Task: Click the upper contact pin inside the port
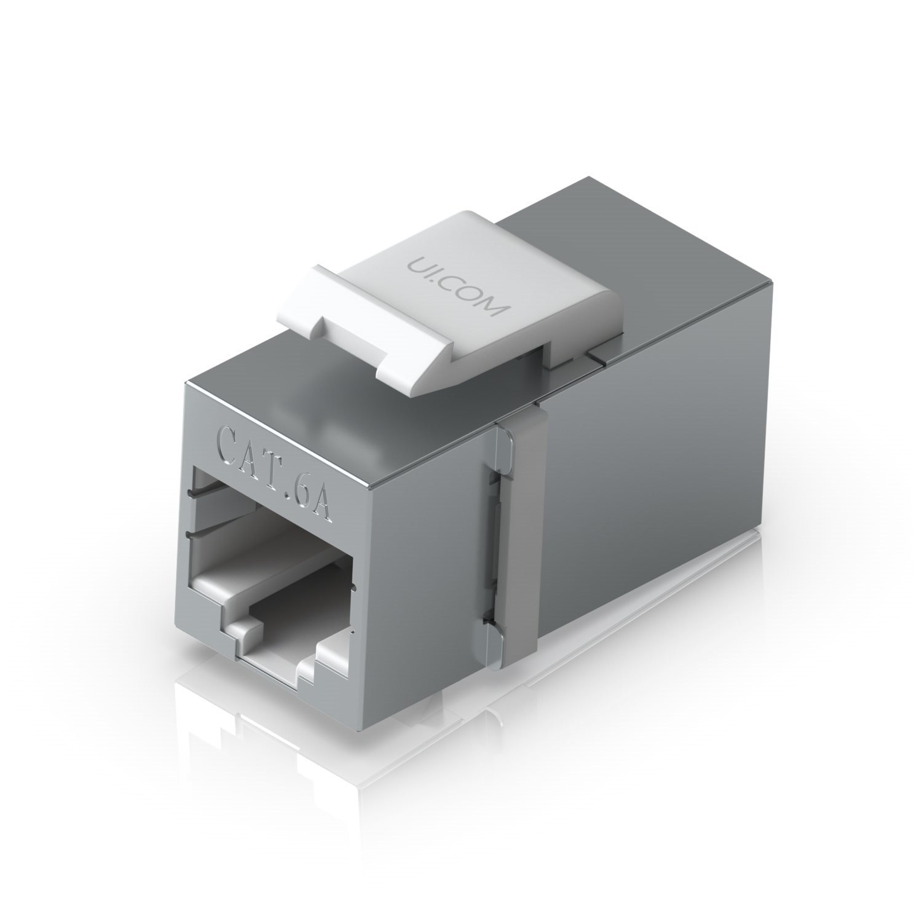tap(209, 491)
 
